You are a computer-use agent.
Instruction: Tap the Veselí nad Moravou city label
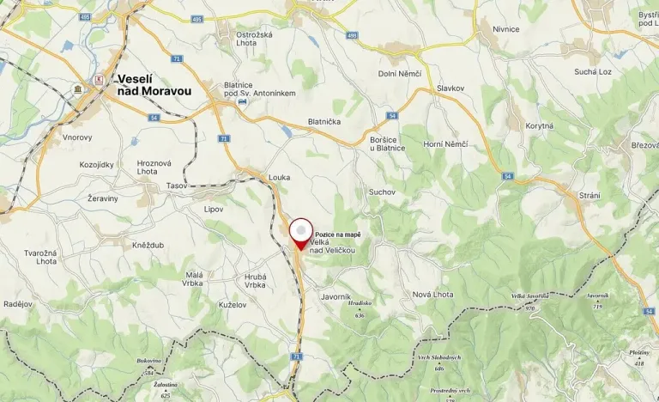[x=154, y=84]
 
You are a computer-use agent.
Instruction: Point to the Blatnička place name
[x=324, y=122]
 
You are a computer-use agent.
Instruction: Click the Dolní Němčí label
[x=400, y=74]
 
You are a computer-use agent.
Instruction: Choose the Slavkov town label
[x=450, y=88]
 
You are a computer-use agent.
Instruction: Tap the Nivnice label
[x=506, y=29]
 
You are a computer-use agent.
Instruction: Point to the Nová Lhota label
[x=432, y=295]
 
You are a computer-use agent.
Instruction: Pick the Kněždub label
[x=148, y=246]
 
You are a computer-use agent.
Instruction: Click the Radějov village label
[x=18, y=304]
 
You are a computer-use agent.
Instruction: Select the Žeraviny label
[x=102, y=198]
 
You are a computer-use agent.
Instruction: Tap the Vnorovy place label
[x=77, y=137]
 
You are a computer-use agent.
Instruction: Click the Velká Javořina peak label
[x=529, y=296]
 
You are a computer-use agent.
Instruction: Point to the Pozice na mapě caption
[x=338, y=234]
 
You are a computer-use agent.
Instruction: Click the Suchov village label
[x=382, y=192]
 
